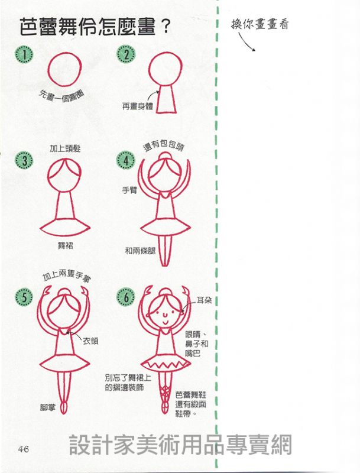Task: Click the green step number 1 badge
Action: point(24,54)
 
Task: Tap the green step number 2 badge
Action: point(126,54)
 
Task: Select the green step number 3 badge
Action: point(24,160)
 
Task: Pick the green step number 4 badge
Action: point(126,160)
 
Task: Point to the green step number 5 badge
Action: point(24,297)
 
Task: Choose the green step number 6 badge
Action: point(126,297)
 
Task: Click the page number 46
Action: point(23,449)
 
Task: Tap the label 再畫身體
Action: point(138,106)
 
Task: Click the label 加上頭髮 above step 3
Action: point(65,148)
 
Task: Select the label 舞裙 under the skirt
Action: point(65,246)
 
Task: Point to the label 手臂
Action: point(129,190)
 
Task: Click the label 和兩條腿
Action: point(140,250)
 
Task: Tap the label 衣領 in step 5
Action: point(90,341)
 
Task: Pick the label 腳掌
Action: point(48,407)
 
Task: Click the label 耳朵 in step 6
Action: point(204,300)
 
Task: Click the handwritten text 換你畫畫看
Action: point(260,24)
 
